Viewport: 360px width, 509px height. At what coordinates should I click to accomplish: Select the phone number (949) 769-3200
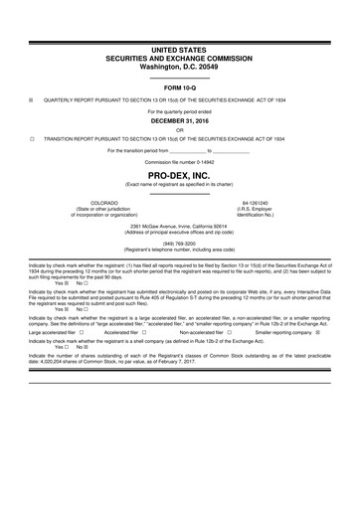tap(180, 240)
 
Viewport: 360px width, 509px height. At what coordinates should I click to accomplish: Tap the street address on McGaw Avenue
tap(180, 224)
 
